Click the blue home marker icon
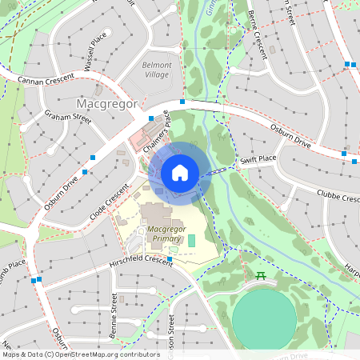pyautogui.click(x=180, y=173)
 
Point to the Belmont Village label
pyautogui.click(x=157, y=69)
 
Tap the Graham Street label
pyautogui.click(x=68, y=118)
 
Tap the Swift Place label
pyautogui.click(x=258, y=161)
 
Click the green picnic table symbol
pyautogui.click(x=261, y=276)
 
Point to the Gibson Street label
pyautogui.click(x=171, y=336)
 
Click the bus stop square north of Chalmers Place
pyautogui.click(x=183, y=102)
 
